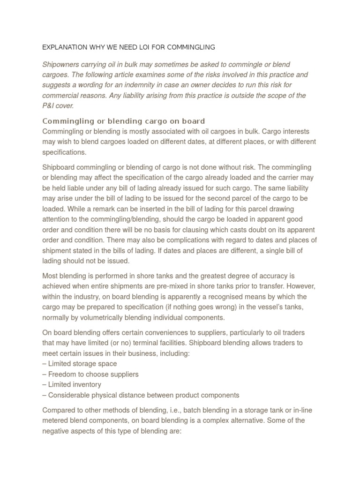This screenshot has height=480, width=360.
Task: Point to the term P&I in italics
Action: click(50, 106)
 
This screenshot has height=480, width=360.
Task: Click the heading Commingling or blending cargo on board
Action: click(124, 121)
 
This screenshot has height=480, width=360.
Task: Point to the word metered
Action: click(55, 420)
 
